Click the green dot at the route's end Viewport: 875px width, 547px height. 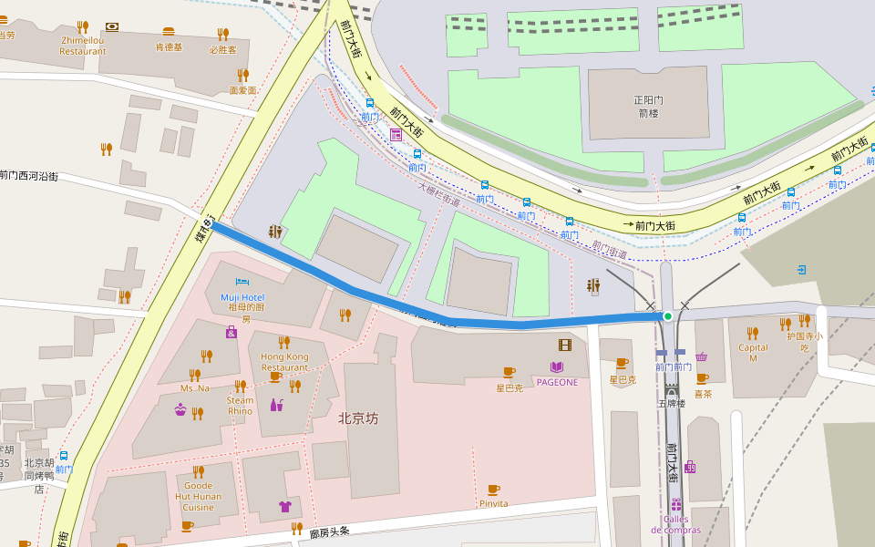click(x=668, y=316)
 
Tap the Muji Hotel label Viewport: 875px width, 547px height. click(x=242, y=297)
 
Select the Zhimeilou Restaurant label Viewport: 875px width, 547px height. click(x=83, y=46)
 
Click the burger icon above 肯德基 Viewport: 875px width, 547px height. click(x=168, y=31)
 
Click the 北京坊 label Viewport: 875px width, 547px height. click(x=357, y=419)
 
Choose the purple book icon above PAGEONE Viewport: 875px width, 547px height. click(x=556, y=366)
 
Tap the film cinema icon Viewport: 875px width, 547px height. click(x=565, y=345)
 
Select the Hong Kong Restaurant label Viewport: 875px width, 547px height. click(x=284, y=361)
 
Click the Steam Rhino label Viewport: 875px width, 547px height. click(x=241, y=406)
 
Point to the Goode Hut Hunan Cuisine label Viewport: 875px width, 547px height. click(x=198, y=496)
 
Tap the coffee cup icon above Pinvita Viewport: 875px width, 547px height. click(x=493, y=490)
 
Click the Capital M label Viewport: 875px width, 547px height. click(x=753, y=352)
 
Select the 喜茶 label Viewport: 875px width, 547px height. click(x=703, y=394)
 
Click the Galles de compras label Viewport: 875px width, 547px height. click(x=675, y=524)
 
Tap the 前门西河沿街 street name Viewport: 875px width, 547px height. click(x=29, y=175)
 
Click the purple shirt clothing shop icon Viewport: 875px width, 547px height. click(x=284, y=506)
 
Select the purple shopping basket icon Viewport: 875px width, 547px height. click(x=702, y=356)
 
